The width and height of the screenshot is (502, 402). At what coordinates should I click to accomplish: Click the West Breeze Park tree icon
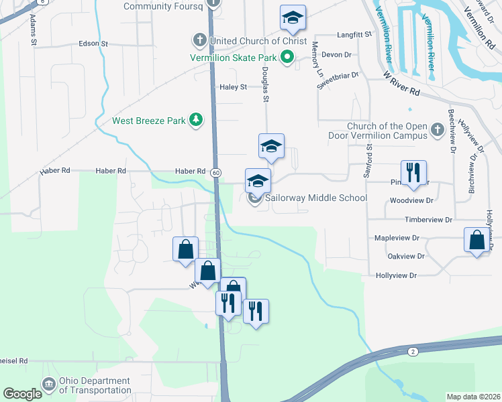coord(196,120)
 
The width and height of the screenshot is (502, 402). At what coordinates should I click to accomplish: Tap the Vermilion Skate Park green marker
coord(287,58)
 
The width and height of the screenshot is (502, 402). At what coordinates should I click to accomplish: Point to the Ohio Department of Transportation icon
coord(48,385)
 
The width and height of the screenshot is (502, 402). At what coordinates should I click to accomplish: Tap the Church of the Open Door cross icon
coord(437,130)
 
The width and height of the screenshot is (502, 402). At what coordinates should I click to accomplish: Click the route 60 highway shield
coord(215,172)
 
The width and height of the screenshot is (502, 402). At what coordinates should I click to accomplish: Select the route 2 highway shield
coord(412,351)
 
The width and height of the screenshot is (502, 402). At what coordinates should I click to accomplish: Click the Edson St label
coord(93,44)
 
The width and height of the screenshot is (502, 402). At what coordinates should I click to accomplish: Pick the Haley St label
coord(234,87)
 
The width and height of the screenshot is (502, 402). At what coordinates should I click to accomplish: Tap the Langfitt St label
coord(354,33)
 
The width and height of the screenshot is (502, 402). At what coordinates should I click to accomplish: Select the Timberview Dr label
coord(430,220)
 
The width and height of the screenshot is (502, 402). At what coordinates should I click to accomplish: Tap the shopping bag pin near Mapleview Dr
coord(476,241)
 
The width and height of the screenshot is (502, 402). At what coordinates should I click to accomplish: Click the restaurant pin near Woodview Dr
coord(413,174)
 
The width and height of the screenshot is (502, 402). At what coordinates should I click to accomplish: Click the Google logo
coord(22,394)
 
